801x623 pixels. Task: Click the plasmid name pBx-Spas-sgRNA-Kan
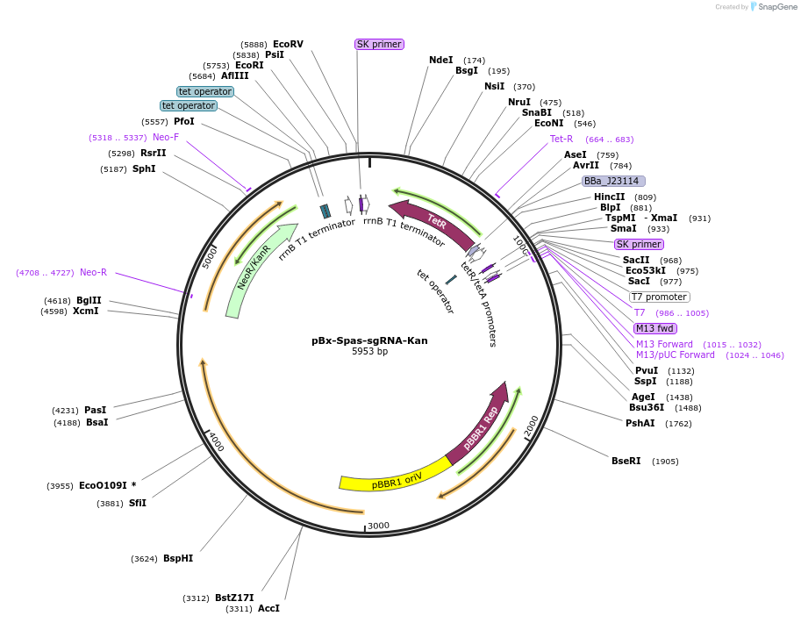[x=369, y=340]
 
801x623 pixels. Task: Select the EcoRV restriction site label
[x=288, y=44]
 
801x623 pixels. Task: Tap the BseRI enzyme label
[x=626, y=461]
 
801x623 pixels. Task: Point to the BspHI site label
[x=177, y=558]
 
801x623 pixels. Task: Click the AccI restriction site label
[x=268, y=608]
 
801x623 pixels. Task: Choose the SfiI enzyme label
[x=137, y=503]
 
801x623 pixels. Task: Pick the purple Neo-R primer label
[x=93, y=272]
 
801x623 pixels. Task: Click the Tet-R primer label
[x=561, y=139]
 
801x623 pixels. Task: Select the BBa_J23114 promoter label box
[x=613, y=181]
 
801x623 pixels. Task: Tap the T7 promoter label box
[x=659, y=297]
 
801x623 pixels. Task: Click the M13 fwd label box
[x=655, y=328]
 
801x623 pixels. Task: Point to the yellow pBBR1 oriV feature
[x=395, y=482]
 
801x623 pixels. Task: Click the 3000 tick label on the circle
[x=378, y=526]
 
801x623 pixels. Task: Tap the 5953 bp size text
[x=369, y=352]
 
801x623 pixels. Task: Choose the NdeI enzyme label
[x=440, y=60]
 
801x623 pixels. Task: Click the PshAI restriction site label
[x=640, y=423]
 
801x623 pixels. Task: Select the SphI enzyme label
[x=144, y=168]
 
